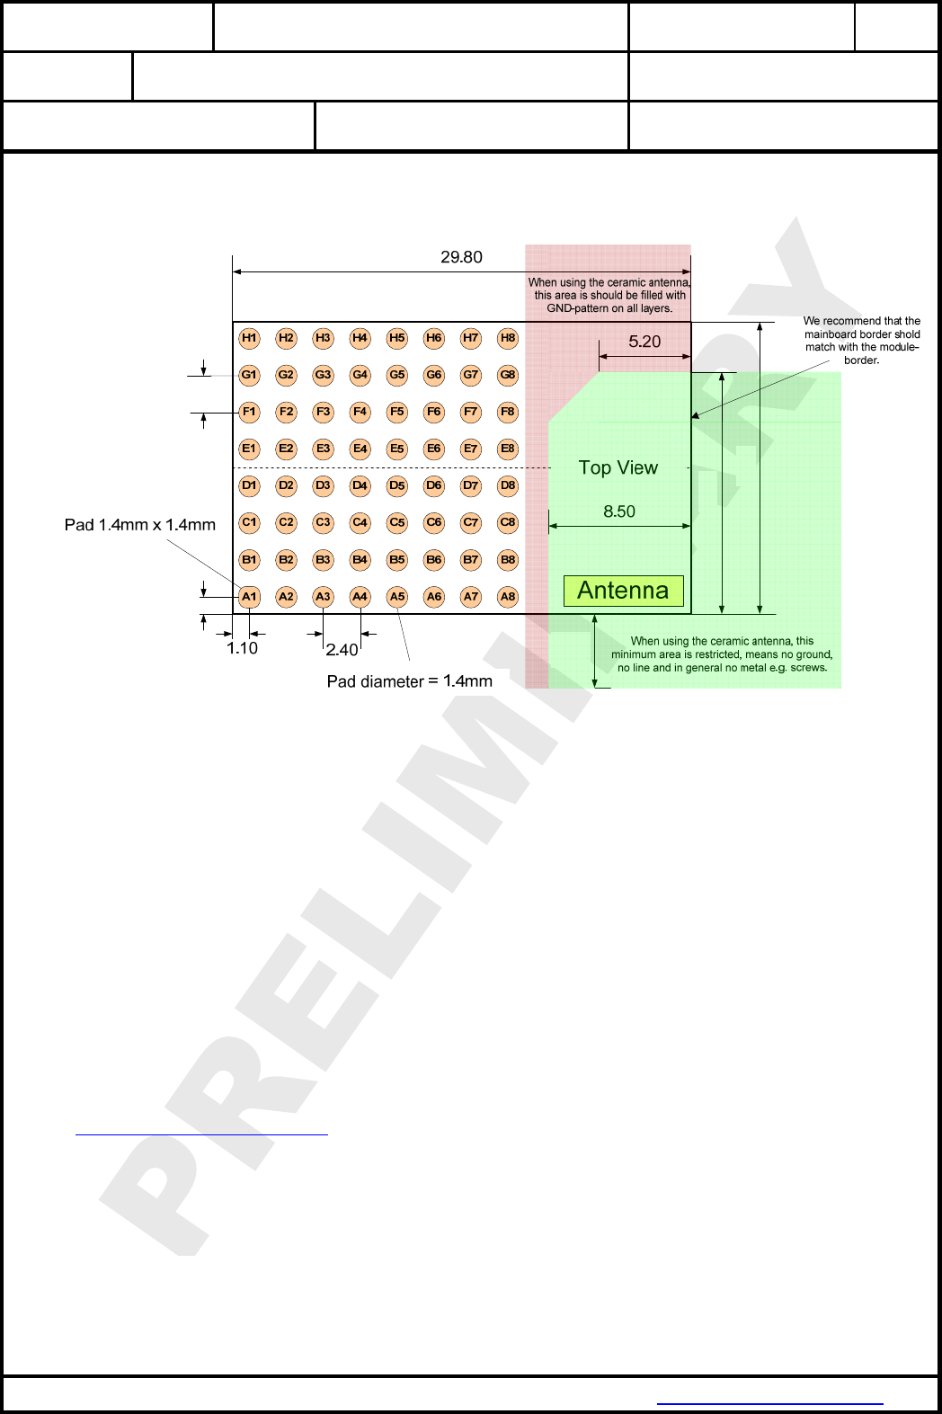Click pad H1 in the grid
click(x=249, y=338)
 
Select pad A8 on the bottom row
click(x=508, y=596)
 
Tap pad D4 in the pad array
click(x=360, y=485)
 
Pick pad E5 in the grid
click(x=396, y=449)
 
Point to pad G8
click(x=508, y=375)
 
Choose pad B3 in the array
click(x=323, y=559)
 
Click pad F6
click(x=434, y=412)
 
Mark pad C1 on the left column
click(x=249, y=522)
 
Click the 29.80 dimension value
click(x=461, y=257)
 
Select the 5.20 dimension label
click(x=644, y=342)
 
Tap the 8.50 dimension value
click(x=619, y=511)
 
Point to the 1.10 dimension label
click(x=242, y=648)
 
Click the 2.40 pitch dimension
click(x=342, y=649)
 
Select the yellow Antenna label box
click(x=623, y=591)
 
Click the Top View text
click(x=618, y=467)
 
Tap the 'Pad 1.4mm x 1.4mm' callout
click(x=140, y=525)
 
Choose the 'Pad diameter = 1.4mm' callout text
click(x=409, y=681)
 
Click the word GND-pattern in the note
click(x=579, y=308)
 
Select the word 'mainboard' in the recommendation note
click(x=832, y=334)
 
